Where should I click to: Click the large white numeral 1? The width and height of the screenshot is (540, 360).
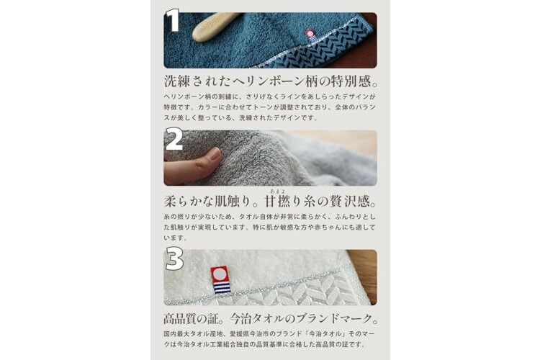[x=174, y=20]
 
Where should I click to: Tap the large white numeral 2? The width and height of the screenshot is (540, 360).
[x=174, y=139]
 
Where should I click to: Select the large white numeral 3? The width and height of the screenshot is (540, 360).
[x=174, y=258]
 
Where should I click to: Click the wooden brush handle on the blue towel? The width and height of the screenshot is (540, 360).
[x=215, y=27]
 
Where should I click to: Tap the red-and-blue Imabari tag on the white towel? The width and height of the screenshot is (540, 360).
[x=220, y=279]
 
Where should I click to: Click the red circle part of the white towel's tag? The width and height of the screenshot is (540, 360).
[x=219, y=274]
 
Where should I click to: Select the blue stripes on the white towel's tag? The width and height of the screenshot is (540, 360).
[x=220, y=287]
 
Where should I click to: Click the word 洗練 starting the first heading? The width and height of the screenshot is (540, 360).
[x=177, y=81]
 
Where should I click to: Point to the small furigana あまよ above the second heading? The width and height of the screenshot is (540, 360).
[x=278, y=192]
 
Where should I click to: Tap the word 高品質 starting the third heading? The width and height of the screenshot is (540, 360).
[x=183, y=319]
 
